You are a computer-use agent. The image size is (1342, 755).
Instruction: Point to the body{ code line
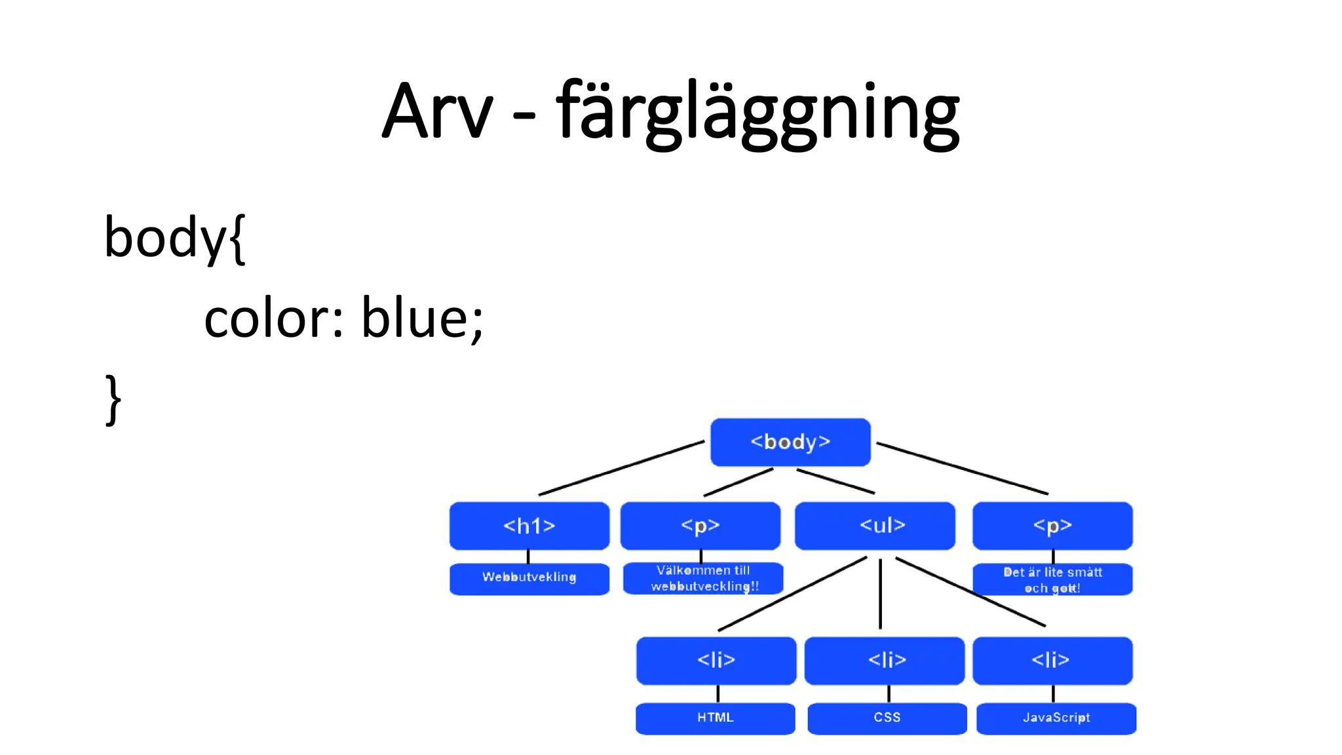(x=174, y=237)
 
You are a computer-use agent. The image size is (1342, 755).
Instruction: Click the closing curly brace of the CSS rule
(x=113, y=399)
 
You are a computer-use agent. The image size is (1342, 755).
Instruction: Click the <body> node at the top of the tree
(x=790, y=442)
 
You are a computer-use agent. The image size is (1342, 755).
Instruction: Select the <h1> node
(x=529, y=526)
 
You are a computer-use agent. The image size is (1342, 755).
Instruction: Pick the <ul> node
(x=875, y=526)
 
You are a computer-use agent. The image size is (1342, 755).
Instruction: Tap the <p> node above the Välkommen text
(x=700, y=526)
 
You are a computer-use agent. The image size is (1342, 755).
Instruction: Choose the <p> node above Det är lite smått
(x=1052, y=526)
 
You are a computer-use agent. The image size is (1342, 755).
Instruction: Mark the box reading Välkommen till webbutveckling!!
(x=703, y=579)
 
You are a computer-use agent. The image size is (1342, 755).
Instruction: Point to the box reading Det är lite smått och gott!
(x=1052, y=580)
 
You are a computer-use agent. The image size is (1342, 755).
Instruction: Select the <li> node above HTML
(x=716, y=661)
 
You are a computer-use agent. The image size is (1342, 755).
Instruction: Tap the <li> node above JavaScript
(x=1052, y=661)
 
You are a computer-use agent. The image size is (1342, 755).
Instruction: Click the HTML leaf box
(x=715, y=718)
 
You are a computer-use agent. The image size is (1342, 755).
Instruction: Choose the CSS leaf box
(x=887, y=718)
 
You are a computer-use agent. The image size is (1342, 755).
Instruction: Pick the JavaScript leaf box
(x=1056, y=718)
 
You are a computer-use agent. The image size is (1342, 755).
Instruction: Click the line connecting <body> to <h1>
(x=621, y=468)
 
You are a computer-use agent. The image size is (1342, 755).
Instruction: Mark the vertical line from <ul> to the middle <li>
(x=880, y=593)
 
